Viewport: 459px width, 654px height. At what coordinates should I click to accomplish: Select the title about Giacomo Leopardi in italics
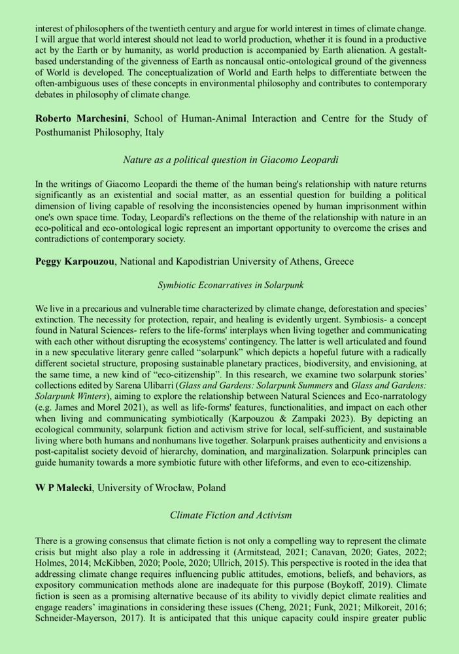click(229, 159)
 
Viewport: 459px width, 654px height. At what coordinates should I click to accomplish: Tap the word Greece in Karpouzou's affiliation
click(338, 262)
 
